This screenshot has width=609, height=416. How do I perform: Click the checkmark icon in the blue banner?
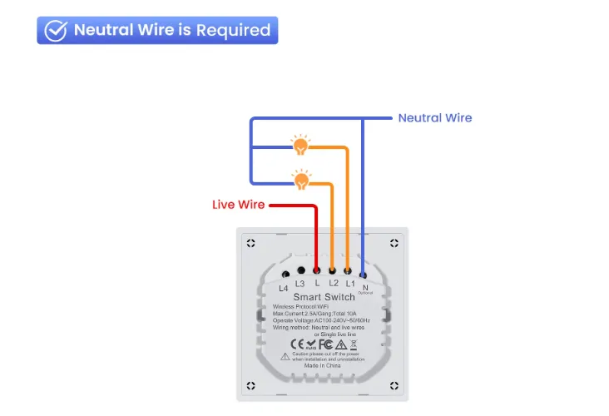56,30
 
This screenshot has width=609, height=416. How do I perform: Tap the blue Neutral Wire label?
434,117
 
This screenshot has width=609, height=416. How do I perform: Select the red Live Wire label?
238,205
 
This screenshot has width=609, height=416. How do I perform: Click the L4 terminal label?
284,288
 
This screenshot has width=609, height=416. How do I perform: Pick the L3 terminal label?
300,284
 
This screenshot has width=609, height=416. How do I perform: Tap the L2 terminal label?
333,284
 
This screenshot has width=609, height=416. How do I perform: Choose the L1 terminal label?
349,284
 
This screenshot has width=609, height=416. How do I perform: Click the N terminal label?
364,286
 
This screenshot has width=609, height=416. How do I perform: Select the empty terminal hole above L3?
300,270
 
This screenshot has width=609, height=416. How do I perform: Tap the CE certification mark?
295,343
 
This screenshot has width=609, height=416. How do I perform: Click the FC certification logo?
326,343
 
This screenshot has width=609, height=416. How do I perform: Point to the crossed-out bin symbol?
353,343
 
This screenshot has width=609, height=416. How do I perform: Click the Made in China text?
322,365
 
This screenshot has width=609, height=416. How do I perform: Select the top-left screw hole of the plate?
250,244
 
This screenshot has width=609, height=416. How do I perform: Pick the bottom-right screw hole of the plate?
394,385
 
